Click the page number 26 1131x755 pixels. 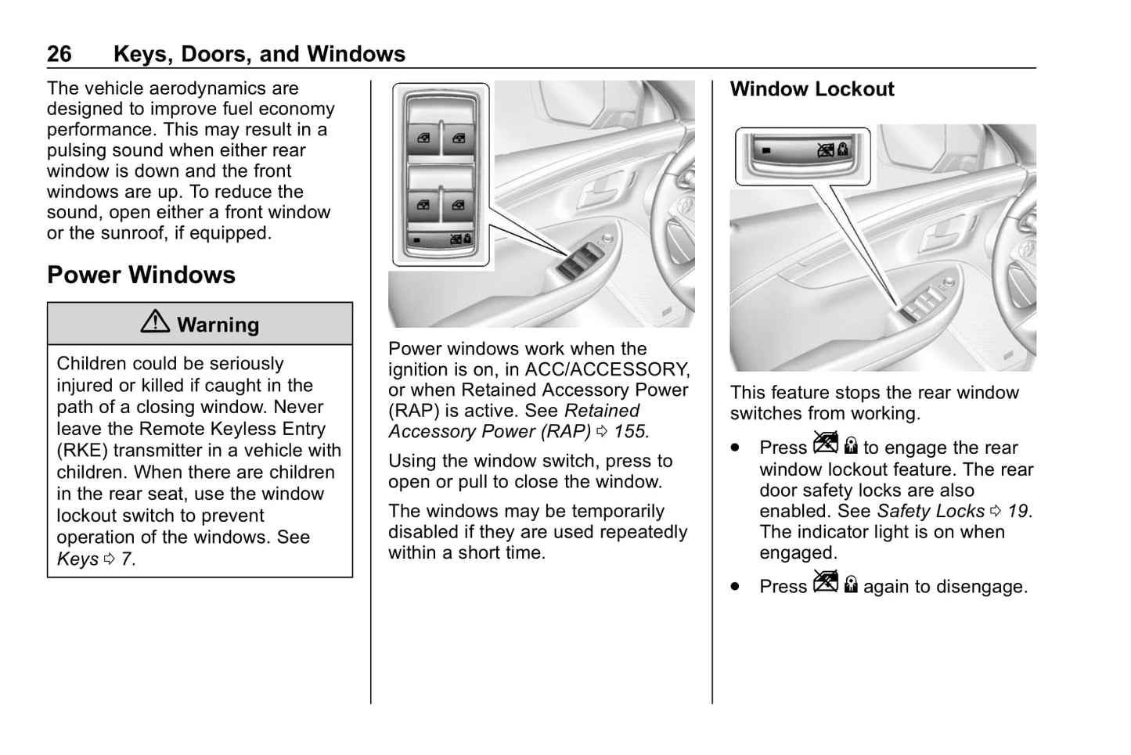(59, 54)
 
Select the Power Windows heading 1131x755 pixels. (141, 275)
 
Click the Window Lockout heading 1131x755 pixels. (812, 89)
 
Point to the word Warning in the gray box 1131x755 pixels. (218, 325)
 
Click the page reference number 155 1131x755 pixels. (631, 432)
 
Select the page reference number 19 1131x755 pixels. (1018, 512)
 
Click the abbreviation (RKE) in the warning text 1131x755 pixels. (81, 451)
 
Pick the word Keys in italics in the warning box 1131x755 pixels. (77, 559)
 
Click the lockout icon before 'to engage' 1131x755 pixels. (835, 445)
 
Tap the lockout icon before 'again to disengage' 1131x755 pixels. (835, 584)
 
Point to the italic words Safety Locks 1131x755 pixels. (931, 512)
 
